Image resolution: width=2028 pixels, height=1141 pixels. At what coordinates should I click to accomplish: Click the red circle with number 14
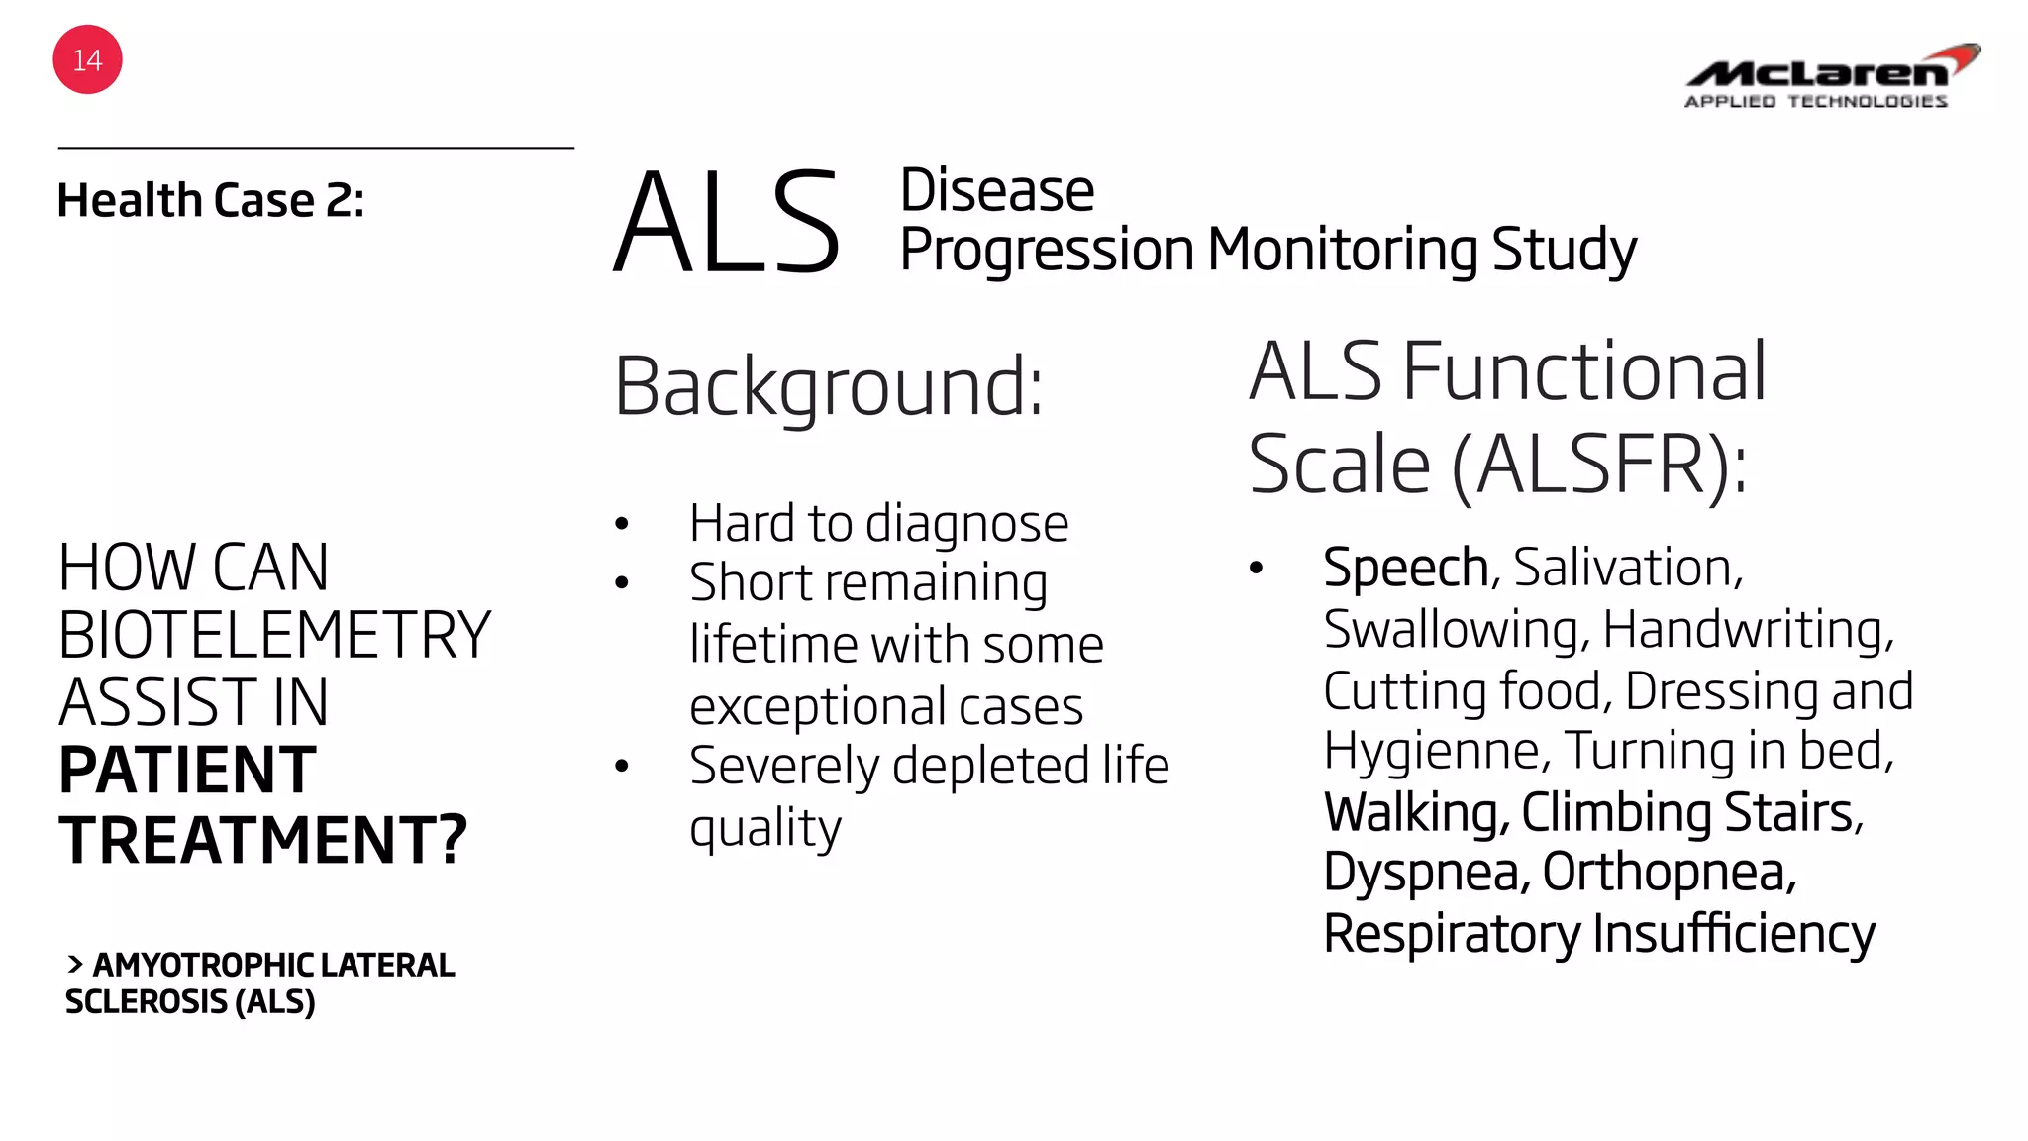click(x=87, y=60)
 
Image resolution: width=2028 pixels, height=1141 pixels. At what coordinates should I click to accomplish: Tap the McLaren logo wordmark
click(x=1818, y=71)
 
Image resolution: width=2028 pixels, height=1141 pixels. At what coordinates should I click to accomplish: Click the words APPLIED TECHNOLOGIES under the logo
click(x=1815, y=101)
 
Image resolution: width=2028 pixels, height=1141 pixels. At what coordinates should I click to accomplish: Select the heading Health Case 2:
click(x=211, y=201)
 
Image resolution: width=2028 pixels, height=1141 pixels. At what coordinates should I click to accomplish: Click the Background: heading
click(x=829, y=386)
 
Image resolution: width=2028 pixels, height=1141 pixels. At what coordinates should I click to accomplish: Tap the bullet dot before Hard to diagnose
click(x=622, y=524)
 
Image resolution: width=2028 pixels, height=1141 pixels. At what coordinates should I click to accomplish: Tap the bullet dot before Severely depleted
click(x=622, y=766)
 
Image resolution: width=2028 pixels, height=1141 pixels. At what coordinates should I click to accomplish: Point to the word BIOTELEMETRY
click(x=274, y=635)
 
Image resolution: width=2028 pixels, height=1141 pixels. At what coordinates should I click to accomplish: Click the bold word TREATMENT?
click(x=262, y=840)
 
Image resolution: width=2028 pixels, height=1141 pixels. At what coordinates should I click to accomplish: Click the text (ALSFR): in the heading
click(x=1598, y=465)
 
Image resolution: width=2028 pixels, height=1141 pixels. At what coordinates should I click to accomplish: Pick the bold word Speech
click(x=1405, y=568)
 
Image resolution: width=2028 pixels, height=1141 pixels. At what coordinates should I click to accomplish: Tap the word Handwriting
click(x=1747, y=630)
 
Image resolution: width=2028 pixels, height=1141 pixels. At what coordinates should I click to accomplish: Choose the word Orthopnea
click(x=1668, y=873)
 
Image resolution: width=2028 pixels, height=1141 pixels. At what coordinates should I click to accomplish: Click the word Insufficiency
click(x=1733, y=934)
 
